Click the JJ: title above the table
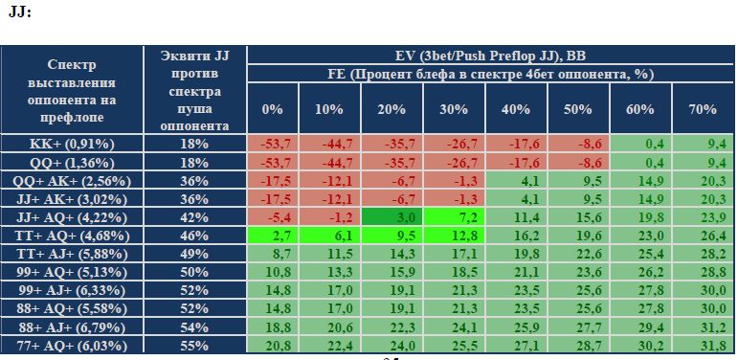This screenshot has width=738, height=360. pyautogui.click(x=20, y=11)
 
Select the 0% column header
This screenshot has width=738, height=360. pyautogui.click(x=273, y=109)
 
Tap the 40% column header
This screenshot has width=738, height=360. pyautogui.click(x=516, y=109)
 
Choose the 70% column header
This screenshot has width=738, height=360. pyautogui.click(x=703, y=109)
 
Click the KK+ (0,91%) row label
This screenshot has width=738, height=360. pyautogui.click(x=72, y=144)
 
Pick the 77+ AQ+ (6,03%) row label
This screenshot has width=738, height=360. pyautogui.click(x=72, y=346)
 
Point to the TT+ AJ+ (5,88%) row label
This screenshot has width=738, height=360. pyautogui.click(x=72, y=254)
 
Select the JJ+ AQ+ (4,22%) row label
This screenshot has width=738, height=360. pyautogui.click(x=72, y=217)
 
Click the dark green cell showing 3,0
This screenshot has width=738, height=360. pyautogui.click(x=392, y=217)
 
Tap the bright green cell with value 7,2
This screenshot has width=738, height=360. pyautogui.click(x=454, y=217)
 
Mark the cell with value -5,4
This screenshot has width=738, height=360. pyautogui.click(x=273, y=217)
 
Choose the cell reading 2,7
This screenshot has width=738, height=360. pyautogui.click(x=273, y=236)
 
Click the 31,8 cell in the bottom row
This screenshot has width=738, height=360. pyautogui.click(x=703, y=346)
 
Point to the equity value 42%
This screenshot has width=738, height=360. pyautogui.click(x=194, y=217)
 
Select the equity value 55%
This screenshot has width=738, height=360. pyautogui.click(x=194, y=346)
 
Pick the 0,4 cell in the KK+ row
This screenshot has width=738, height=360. pyautogui.click(x=640, y=144)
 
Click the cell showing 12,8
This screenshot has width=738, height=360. pyautogui.click(x=454, y=236)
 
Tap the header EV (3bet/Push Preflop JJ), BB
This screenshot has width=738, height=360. pyautogui.click(x=490, y=56)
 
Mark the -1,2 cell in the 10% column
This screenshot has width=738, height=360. pyautogui.click(x=329, y=217)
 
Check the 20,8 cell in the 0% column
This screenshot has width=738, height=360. pyautogui.click(x=273, y=346)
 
